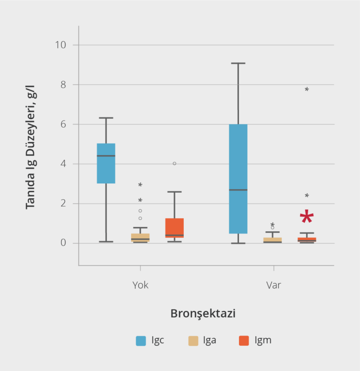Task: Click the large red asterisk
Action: coord(307,218)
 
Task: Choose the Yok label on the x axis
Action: coord(140,285)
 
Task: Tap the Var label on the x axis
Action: coord(273,285)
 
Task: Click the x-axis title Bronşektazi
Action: coord(203,314)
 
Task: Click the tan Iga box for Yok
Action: coord(140,236)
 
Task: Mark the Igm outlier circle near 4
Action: coord(174,164)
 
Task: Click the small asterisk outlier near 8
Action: coord(307,90)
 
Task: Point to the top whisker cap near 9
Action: coord(238,63)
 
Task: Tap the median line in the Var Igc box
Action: coord(238,190)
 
